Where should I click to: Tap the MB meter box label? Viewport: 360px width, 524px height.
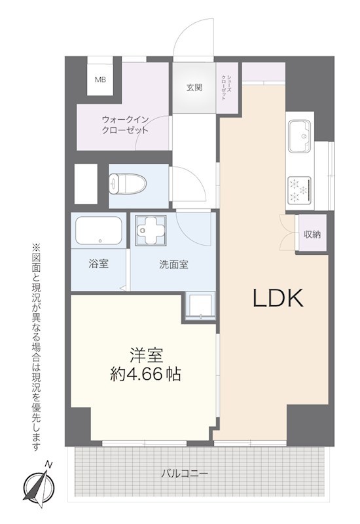(100, 81)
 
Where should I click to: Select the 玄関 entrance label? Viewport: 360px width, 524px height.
(194, 88)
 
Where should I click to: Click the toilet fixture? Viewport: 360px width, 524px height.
(122, 183)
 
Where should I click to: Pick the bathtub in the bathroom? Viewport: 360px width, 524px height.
(99, 231)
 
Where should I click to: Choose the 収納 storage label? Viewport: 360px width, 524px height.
(312, 234)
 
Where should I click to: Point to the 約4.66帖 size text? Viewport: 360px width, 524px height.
(145, 375)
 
